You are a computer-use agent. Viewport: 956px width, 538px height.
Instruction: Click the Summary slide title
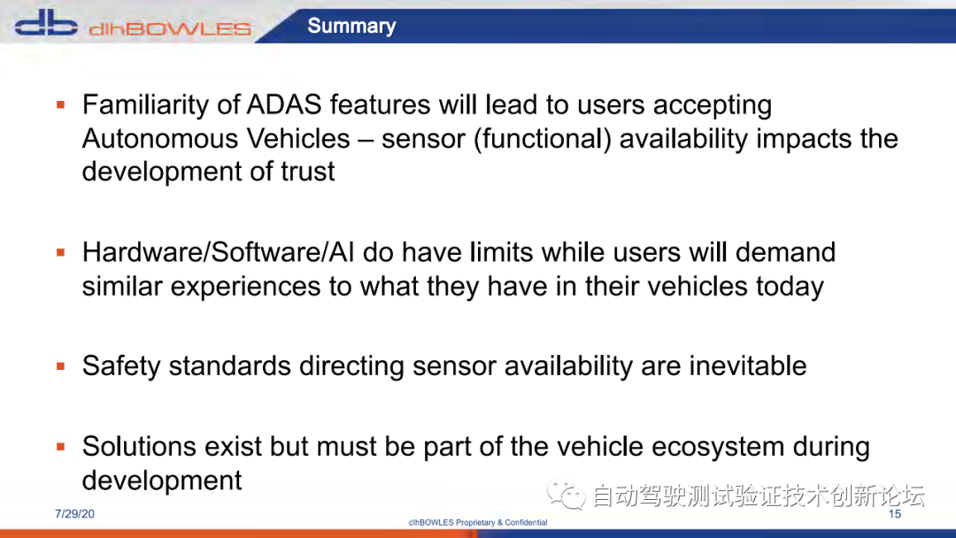click(351, 26)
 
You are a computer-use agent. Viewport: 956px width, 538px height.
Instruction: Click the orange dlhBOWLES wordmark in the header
click(170, 28)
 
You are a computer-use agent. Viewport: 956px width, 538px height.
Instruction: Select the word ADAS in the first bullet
click(283, 104)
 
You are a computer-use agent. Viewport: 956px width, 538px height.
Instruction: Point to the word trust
click(307, 172)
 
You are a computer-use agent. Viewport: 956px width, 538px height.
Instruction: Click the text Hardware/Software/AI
click(219, 252)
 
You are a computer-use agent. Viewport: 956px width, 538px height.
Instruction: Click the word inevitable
click(747, 366)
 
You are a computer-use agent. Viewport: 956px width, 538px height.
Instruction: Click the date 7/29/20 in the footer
click(74, 513)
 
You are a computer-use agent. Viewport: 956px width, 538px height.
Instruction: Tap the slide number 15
click(894, 513)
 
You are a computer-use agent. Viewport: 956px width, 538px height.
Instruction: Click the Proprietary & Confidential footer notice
click(478, 522)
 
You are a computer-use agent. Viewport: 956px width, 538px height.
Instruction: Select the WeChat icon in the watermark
click(566, 494)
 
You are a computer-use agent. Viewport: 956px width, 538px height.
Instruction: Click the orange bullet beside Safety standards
click(60, 366)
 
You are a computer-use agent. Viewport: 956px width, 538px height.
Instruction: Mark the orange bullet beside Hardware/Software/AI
click(60, 252)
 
